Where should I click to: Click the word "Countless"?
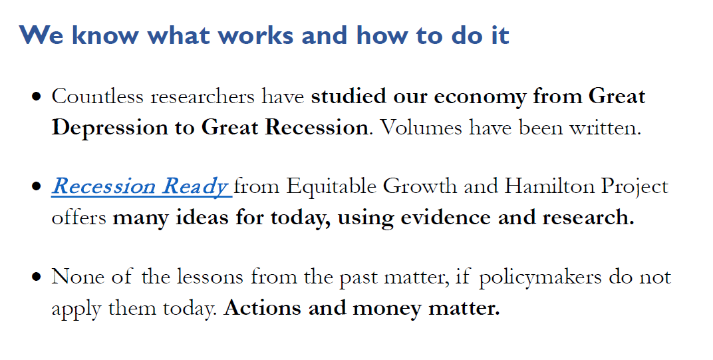click(98, 96)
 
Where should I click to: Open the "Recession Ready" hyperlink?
click(140, 187)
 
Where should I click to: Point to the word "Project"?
click(635, 187)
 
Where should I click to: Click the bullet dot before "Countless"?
click(37, 97)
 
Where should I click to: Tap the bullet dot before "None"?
click(37, 277)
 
